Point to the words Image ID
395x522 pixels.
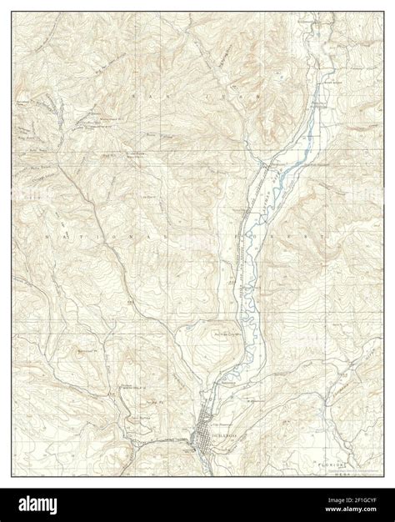pos(321,500)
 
